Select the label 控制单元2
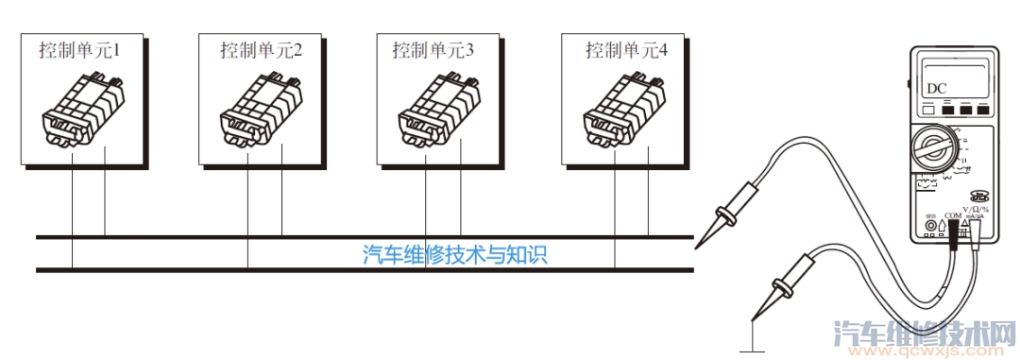[x=261, y=48]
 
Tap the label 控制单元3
[x=433, y=48]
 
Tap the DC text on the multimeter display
[x=936, y=89]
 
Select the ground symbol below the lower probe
[x=752, y=347]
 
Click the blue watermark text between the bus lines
[x=455, y=254]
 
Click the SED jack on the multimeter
[x=931, y=225]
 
